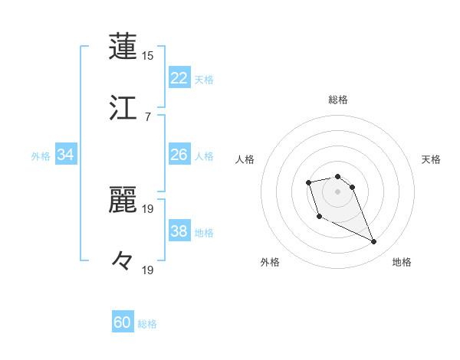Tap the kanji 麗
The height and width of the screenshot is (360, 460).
pyautogui.click(x=123, y=200)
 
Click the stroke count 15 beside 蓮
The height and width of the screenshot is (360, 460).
pyautogui.click(x=148, y=56)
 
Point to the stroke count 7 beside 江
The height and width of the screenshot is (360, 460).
pyautogui.click(x=148, y=116)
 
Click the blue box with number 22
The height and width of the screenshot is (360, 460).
pyautogui.click(x=179, y=78)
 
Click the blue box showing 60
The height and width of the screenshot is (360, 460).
pyautogui.click(x=123, y=322)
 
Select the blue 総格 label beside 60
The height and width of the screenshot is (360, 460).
pyautogui.click(x=147, y=324)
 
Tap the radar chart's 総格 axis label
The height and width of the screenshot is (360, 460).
pyautogui.click(x=338, y=100)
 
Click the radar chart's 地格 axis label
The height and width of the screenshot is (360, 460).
pyautogui.click(x=402, y=262)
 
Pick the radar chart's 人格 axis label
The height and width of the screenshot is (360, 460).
pyautogui.click(x=245, y=159)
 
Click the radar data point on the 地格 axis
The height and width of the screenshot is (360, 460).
pyautogui.click(x=374, y=242)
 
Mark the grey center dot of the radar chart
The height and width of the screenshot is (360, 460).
pyautogui.click(x=338, y=191)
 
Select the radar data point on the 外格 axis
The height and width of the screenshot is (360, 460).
pyautogui.click(x=319, y=217)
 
